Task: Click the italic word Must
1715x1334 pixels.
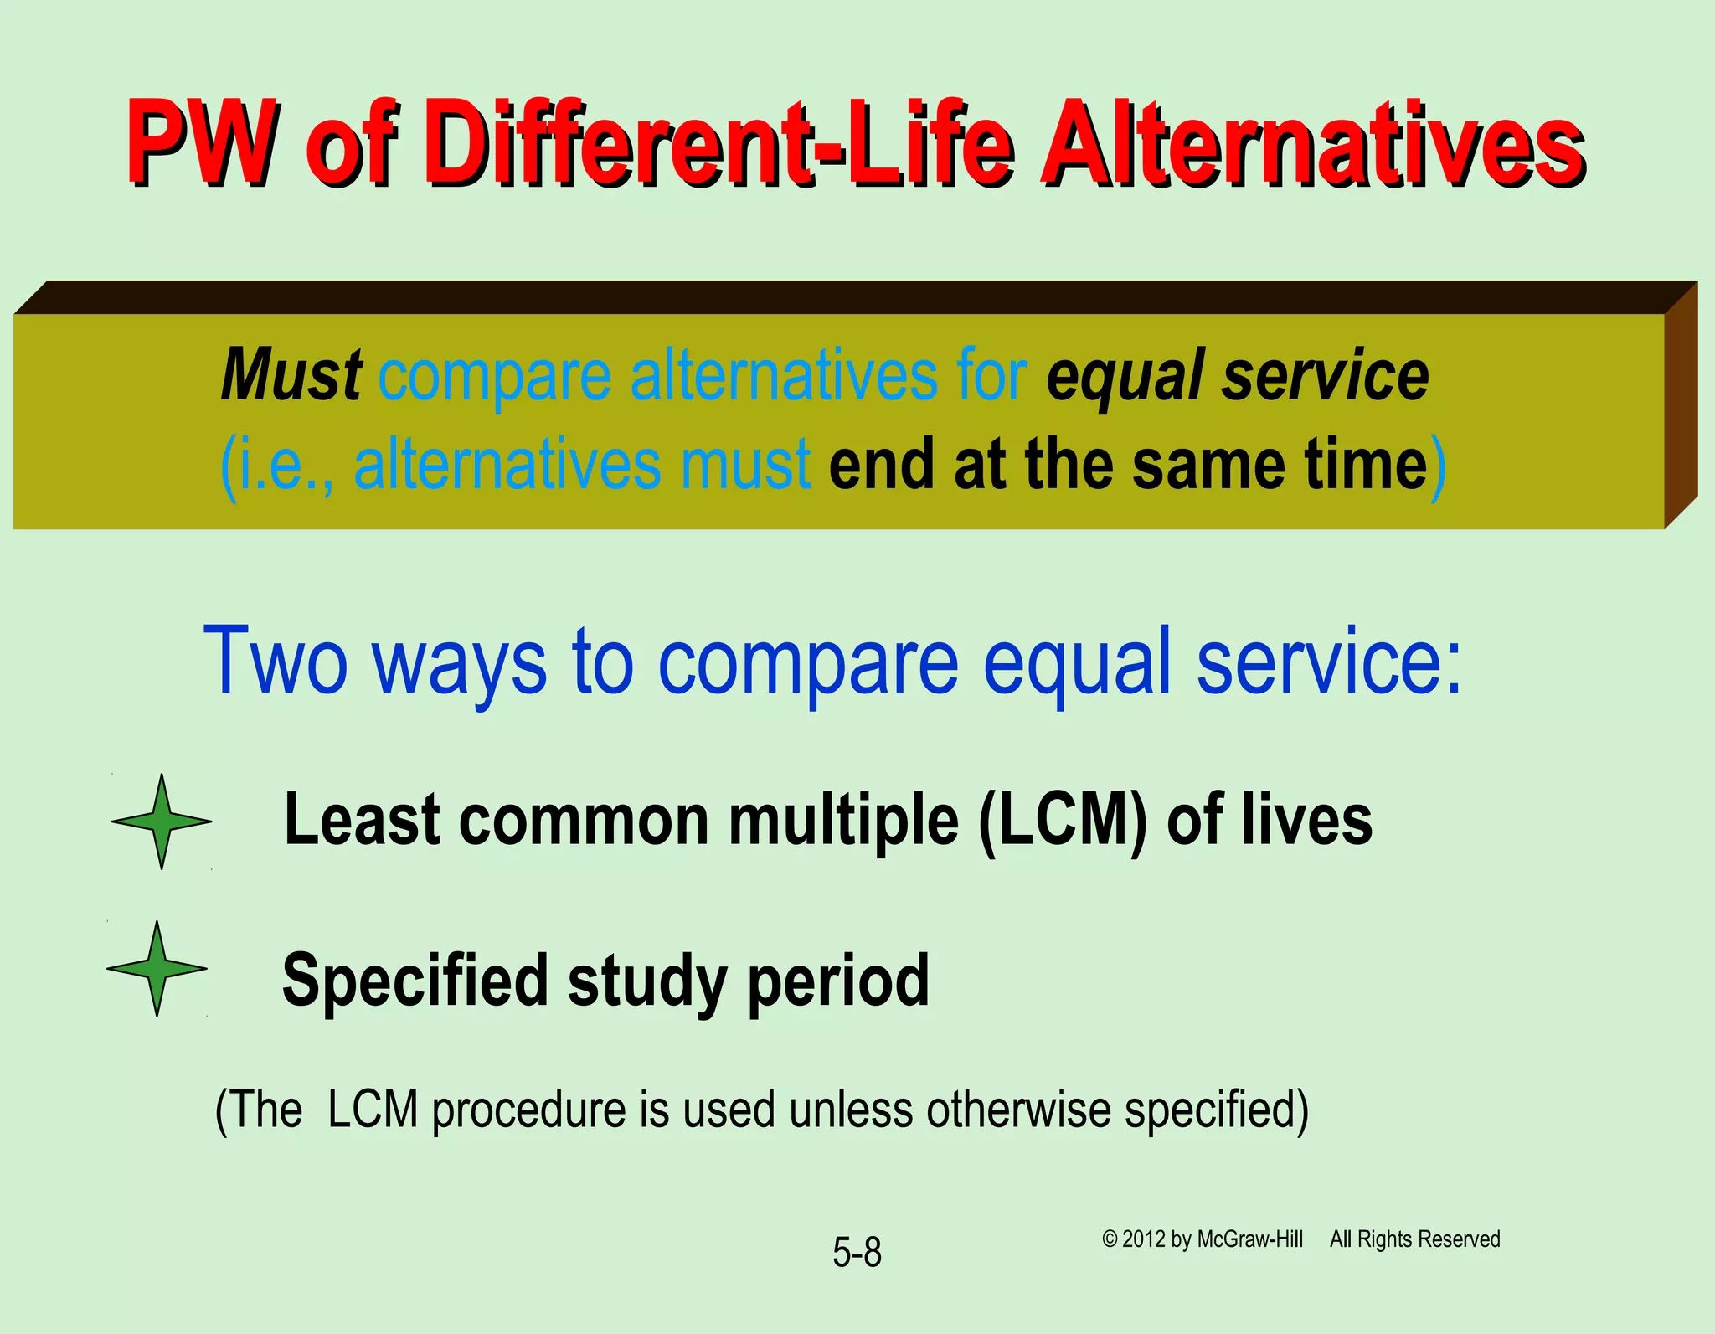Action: point(291,374)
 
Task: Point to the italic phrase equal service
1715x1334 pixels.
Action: point(1237,376)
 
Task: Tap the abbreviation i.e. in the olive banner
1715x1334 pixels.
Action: point(270,464)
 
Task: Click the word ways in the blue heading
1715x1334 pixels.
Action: point(459,662)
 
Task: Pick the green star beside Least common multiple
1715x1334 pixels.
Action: point(162,822)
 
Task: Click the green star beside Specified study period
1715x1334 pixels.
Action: point(157,969)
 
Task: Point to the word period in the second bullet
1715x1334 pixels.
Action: point(838,981)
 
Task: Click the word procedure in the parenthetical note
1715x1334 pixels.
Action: point(529,1110)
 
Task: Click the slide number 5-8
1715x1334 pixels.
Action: point(857,1253)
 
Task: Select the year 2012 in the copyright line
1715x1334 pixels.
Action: point(1145,1239)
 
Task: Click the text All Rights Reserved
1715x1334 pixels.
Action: point(1414,1239)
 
